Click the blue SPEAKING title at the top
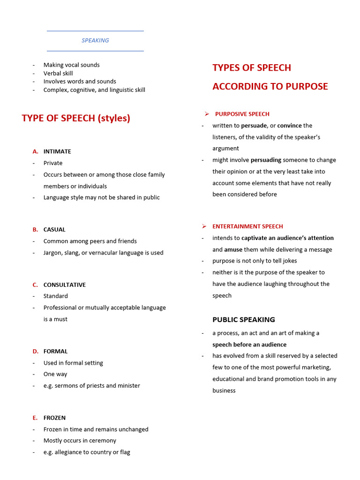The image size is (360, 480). tap(95, 40)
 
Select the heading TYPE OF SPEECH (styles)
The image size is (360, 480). tap(76, 118)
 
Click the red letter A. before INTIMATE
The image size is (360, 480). tap(36, 151)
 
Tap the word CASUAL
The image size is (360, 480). tap(54, 230)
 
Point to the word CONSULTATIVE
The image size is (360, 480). tap(65, 285)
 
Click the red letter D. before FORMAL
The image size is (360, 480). tap(36, 351)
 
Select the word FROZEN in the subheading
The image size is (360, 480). tap(54, 418)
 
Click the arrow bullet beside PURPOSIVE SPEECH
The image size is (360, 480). tap(206, 114)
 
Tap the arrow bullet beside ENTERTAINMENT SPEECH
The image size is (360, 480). tap(204, 226)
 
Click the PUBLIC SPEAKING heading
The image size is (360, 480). tap(244, 320)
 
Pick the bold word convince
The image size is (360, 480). tap(290, 126)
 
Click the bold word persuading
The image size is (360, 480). tap(266, 160)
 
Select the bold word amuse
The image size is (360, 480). tap(233, 249)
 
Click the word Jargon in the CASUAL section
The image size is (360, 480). tap(53, 253)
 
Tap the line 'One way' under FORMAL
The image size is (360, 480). tap(55, 374)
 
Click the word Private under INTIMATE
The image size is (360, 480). tap(53, 163)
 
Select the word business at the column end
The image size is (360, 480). tap(224, 390)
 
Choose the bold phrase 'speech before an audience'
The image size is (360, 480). tap(249, 345)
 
